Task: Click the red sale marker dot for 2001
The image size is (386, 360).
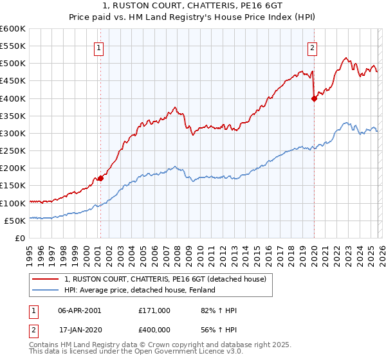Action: pyautogui.click(x=100, y=179)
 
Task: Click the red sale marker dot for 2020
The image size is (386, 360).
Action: pyautogui.click(x=314, y=98)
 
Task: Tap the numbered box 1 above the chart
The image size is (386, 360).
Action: pyautogui.click(x=100, y=47)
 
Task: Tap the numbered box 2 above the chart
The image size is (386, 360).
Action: pyautogui.click(x=312, y=47)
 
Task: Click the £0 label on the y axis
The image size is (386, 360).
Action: pyautogui.click(x=20, y=238)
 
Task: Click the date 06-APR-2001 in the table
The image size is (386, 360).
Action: pyautogui.click(x=80, y=310)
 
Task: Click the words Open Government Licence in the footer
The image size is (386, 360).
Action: pyautogui.click(x=182, y=354)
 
